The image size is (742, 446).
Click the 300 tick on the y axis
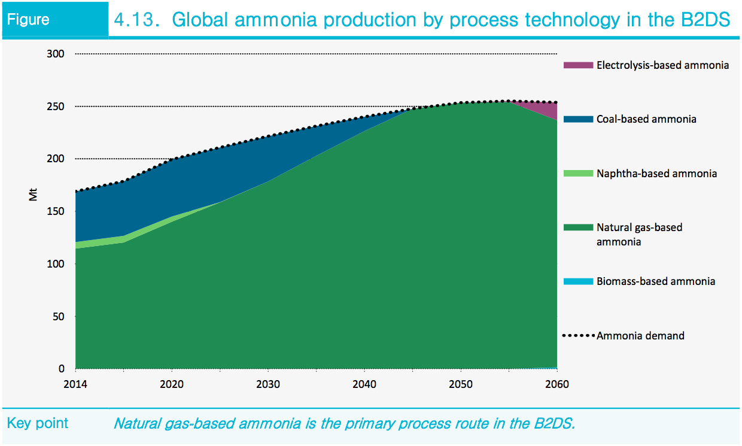tap(56, 54)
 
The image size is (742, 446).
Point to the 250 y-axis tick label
tap(56, 107)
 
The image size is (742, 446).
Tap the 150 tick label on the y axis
tap(56, 211)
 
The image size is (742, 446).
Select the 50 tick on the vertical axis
tap(58, 316)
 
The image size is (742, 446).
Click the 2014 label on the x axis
tap(75, 384)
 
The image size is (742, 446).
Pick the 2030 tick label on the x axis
tap(268, 384)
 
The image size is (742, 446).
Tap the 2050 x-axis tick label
tap(461, 384)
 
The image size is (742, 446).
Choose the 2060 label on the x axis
tap(557, 384)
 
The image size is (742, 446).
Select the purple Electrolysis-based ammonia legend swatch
tap(578, 65)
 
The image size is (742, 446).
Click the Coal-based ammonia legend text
tap(646, 119)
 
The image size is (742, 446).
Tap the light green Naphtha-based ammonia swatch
tap(578, 174)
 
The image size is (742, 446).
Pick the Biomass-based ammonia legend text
tap(655, 281)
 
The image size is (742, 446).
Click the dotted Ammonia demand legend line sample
tap(578, 336)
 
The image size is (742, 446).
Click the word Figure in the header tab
tap(28, 20)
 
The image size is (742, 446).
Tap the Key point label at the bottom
tap(37, 423)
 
